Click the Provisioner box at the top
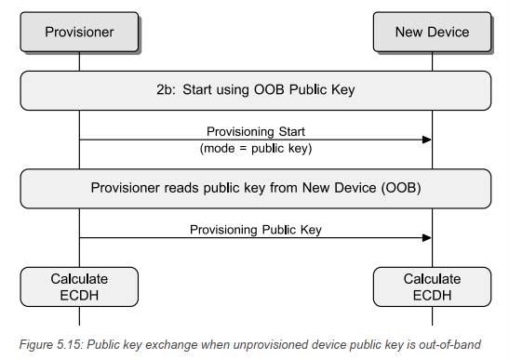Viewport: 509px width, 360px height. (x=79, y=32)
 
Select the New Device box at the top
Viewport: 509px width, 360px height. (x=432, y=32)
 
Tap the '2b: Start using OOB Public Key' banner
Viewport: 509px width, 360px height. (x=255, y=89)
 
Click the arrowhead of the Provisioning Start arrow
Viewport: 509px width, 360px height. (x=427, y=140)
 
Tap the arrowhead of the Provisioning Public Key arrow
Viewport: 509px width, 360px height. (x=427, y=237)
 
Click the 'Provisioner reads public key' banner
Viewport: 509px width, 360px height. (x=255, y=187)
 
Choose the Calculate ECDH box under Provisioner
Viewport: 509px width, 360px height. (x=79, y=287)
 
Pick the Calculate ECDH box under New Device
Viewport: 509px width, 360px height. (x=432, y=287)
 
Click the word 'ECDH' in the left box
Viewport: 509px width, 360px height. (x=79, y=295)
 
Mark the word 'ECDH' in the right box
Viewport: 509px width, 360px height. (x=432, y=295)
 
